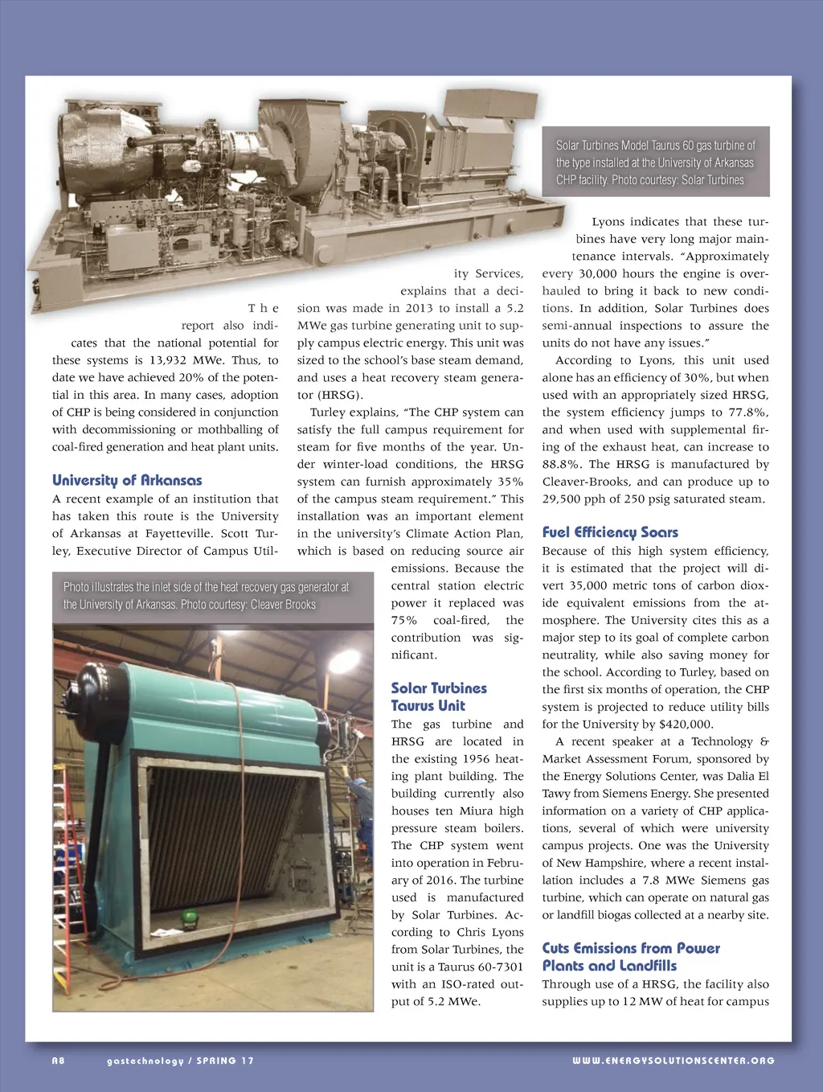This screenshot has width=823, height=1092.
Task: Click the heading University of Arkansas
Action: pyautogui.click(x=127, y=480)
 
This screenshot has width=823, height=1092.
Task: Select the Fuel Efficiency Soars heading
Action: pyautogui.click(x=610, y=532)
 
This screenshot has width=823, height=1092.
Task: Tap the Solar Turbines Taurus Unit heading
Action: pyautogui.click(x=438, y=696)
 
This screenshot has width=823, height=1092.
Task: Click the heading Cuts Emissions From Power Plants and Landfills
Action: pyautogui.click(x=630, y=957)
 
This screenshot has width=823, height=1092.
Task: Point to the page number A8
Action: pyautogui.click(x=58, y=1061)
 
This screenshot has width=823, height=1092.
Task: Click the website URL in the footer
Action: pyautogui.click(x=674, y=1061)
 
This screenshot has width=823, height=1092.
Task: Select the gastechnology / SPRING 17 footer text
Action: pyautogui.click(x=180, y=1061)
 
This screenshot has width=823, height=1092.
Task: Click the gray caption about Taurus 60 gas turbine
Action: pyautogui.click(x=656, y=162)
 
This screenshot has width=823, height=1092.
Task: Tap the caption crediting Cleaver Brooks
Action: pyautogui.click(x=207, y=596)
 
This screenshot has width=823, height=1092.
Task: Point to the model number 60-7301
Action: pyautogui.click(x=501, y=967)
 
